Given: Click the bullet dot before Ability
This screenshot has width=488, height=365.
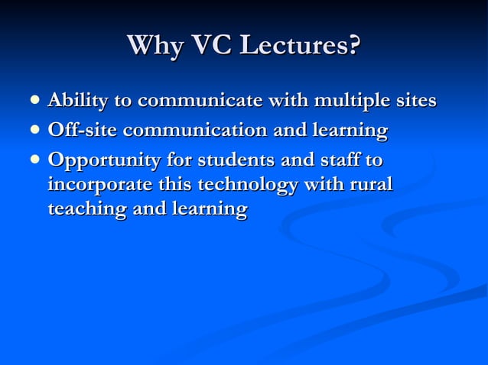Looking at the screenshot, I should [33, 100].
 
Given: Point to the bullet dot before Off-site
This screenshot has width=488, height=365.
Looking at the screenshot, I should [33, 131].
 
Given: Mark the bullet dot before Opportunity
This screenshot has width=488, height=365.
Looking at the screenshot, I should [33, 161].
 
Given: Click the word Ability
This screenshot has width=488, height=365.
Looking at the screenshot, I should [76, 101].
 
